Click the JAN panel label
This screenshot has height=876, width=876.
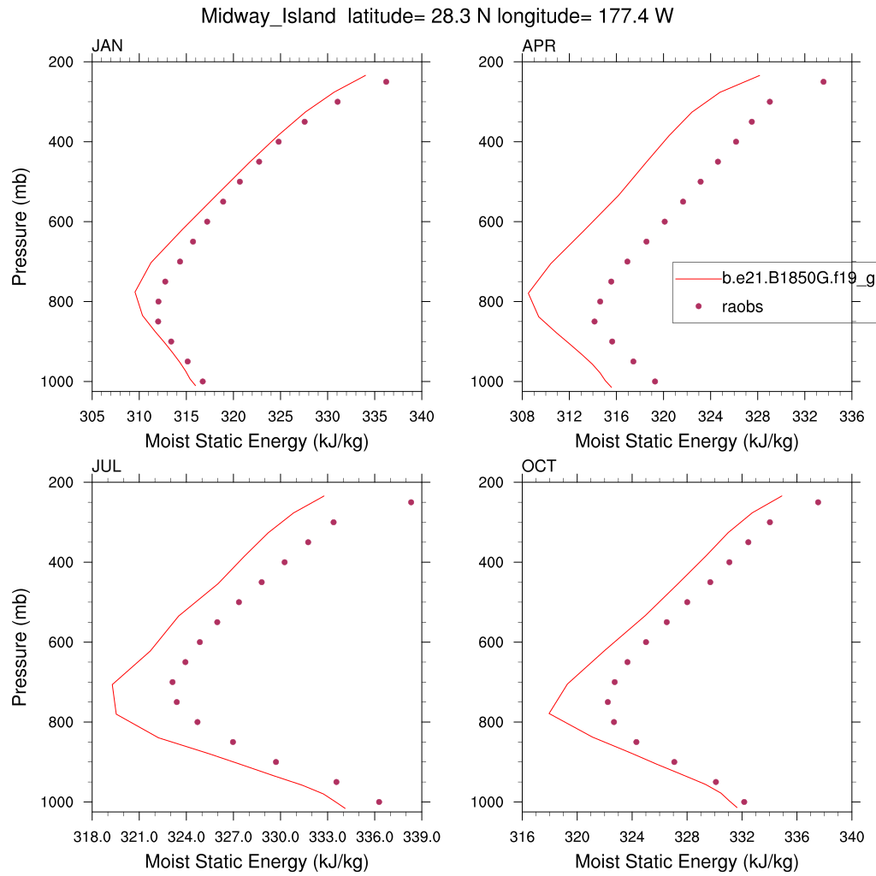pyautogui.click(x=107, y=46)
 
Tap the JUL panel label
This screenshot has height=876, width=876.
pyautogui.click(x=106, y=466)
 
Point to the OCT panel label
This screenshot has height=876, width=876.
pyautogui.click(x=539, y=466)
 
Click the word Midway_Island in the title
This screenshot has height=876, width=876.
pyautogui.click(x=269, y=16)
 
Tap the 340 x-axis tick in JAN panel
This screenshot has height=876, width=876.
pyautogui.click(x=422, y=417)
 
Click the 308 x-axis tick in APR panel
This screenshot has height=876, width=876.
pyautogui.click(x=521, y=417)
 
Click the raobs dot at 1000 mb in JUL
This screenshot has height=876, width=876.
pyautogui.click(x=379, y=802)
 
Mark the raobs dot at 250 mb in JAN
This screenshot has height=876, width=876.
pyautogui.click(x=386, y=82)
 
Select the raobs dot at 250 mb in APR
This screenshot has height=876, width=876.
pyautogui.click(x=823, y=82)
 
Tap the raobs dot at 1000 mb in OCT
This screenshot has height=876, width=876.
pyautogui.click(x=743, y=802)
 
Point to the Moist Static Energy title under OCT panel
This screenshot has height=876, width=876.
pyautogui.click(x=686, y=861)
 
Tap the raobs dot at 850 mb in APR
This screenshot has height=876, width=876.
pyautogui.click(x=595, y=322)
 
